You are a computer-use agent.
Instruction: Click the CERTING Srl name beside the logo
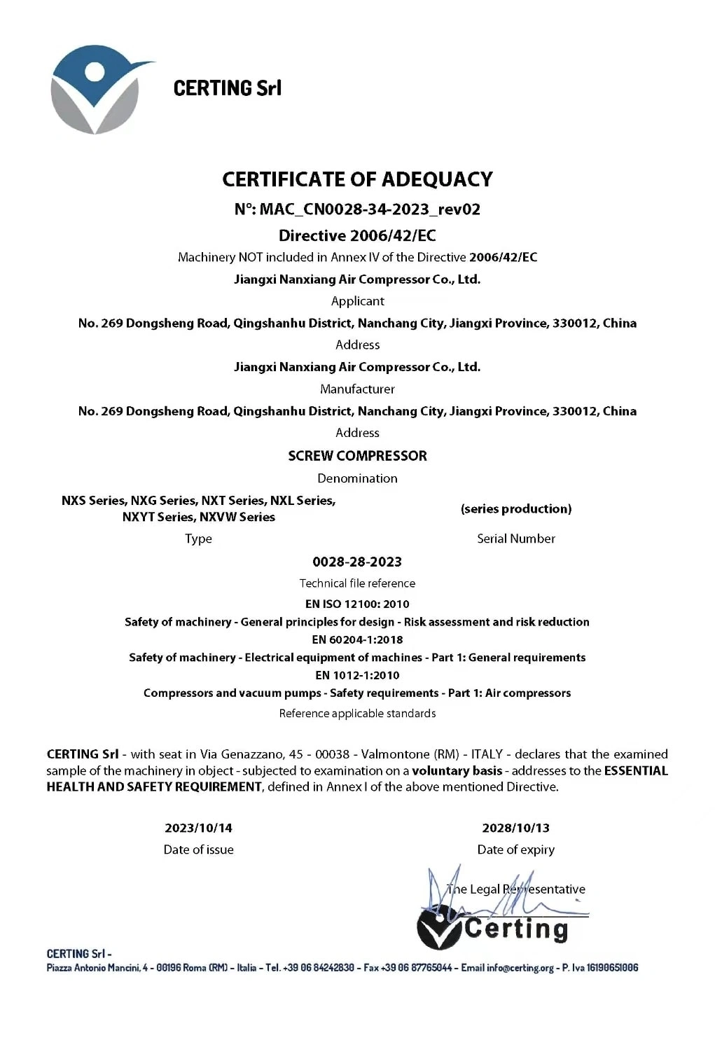[x=227, y=88]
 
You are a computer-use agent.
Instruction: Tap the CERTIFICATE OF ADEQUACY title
[x=357, y=179]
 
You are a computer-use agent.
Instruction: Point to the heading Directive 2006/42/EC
[x=357, y=235]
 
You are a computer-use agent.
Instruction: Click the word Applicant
[x=357, y=301]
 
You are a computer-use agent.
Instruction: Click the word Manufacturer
[x=357, y=389]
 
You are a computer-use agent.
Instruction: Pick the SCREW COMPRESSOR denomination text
[x=357, y=456]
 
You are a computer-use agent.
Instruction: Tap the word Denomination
[x=357, y=478]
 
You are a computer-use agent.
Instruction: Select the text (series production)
[x=516, y=509]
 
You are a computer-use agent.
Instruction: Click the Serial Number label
[x=516, y=539]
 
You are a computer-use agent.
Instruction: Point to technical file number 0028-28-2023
[x=357, y=562]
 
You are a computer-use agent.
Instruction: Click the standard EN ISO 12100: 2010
[x=357, y=604]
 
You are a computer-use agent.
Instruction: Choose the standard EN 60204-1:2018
[x=357, y=639]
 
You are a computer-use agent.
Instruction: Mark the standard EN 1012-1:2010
[x=357, y=675]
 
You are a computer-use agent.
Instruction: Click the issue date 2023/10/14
[x=198, y=828]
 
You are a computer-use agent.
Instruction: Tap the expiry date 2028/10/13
[x=516, y=828]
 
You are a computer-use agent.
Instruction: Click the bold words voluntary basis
[x=457, y=771]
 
